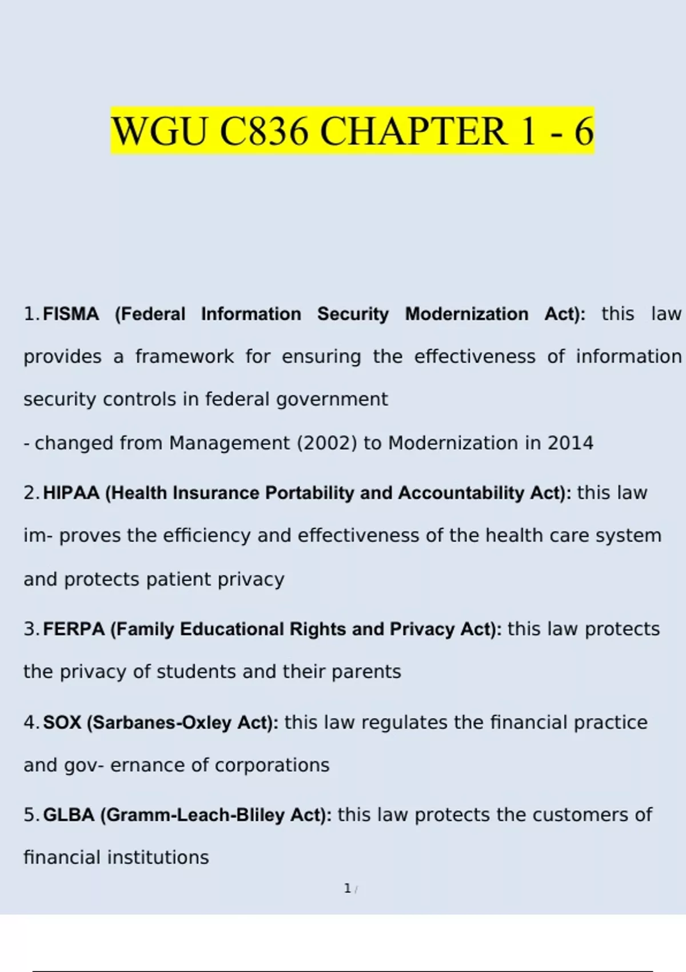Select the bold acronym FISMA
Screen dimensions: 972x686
71,314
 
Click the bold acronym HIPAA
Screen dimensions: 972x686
71,493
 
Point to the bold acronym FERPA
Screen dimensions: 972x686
74,629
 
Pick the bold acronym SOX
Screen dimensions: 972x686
62,723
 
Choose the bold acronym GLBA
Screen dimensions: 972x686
69,815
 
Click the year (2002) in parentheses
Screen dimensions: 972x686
327,443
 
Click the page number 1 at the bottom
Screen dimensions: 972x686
347,889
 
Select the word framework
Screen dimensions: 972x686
184,357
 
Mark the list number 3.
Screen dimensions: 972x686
30,629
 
